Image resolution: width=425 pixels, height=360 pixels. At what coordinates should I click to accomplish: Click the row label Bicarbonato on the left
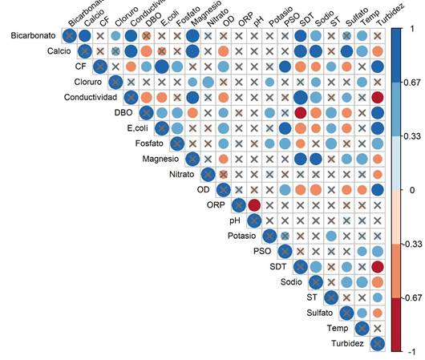(x=33, y=36)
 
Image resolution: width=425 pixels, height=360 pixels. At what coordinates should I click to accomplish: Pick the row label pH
(x=235, y=220)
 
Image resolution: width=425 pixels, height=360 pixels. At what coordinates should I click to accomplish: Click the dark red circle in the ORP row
(x=254, y=205)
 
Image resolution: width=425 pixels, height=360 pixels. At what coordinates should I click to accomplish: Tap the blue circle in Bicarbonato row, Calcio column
(x=84, y=36)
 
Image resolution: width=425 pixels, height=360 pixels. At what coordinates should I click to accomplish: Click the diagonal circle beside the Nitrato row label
(x=208, y=175)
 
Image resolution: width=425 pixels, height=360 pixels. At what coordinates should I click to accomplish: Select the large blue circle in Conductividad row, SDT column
(x=301, y=98)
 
